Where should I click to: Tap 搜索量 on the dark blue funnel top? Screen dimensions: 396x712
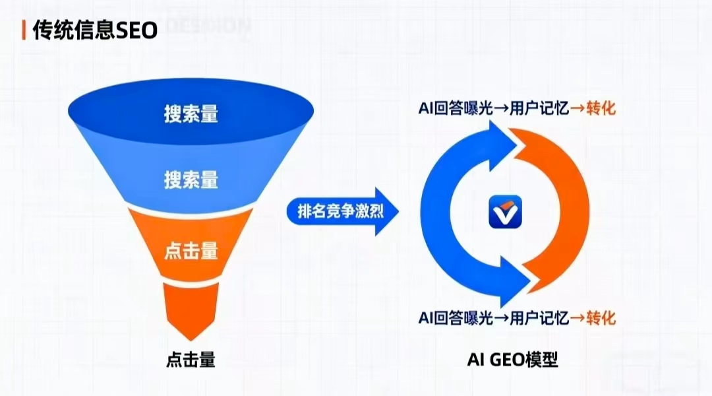(191, 114)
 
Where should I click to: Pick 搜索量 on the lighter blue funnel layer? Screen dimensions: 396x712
(191, 179)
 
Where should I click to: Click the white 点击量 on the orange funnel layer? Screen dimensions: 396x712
(191, 251)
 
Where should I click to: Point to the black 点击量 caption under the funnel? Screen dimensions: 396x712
(191, 360)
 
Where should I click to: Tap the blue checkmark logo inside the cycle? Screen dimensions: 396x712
(504, 213)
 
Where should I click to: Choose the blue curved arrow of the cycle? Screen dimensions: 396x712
(442, 211)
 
